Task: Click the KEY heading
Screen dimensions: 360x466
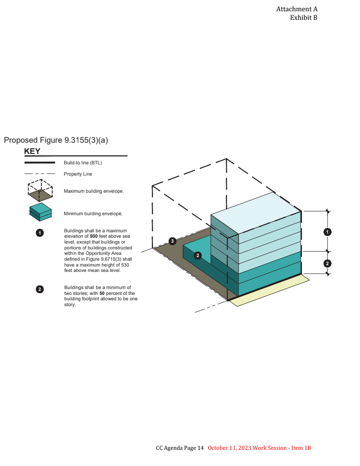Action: click(32, 151)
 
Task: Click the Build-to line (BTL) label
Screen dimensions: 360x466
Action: click(83, 163)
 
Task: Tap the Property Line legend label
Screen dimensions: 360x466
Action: click(78, 174)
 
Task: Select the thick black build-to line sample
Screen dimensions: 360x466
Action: click(40, 163)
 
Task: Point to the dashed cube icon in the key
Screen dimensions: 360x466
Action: click(40, 190)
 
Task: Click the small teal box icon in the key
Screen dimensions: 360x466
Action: click(40, 212)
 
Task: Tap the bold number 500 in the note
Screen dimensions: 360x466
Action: click(94, 236)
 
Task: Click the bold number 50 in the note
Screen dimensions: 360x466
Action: click(102, 293)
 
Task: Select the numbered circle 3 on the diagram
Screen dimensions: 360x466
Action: click(172, 241)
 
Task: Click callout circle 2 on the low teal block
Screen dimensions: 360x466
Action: click(198, 255)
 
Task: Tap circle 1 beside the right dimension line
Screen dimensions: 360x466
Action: click(327, 232)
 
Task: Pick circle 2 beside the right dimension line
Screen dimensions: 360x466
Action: click(327, 263)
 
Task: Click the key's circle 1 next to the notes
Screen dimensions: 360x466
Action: click(40, 233)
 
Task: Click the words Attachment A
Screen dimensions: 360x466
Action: click(297, 9)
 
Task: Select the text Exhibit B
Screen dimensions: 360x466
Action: click(304, 18)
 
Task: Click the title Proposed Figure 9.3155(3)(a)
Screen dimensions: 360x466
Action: click(56, 140)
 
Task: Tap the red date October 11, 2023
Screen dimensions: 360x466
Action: click(229, 448)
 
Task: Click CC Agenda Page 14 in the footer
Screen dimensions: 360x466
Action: click(180, 448)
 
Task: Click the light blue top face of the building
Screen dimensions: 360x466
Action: click(256, 213)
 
